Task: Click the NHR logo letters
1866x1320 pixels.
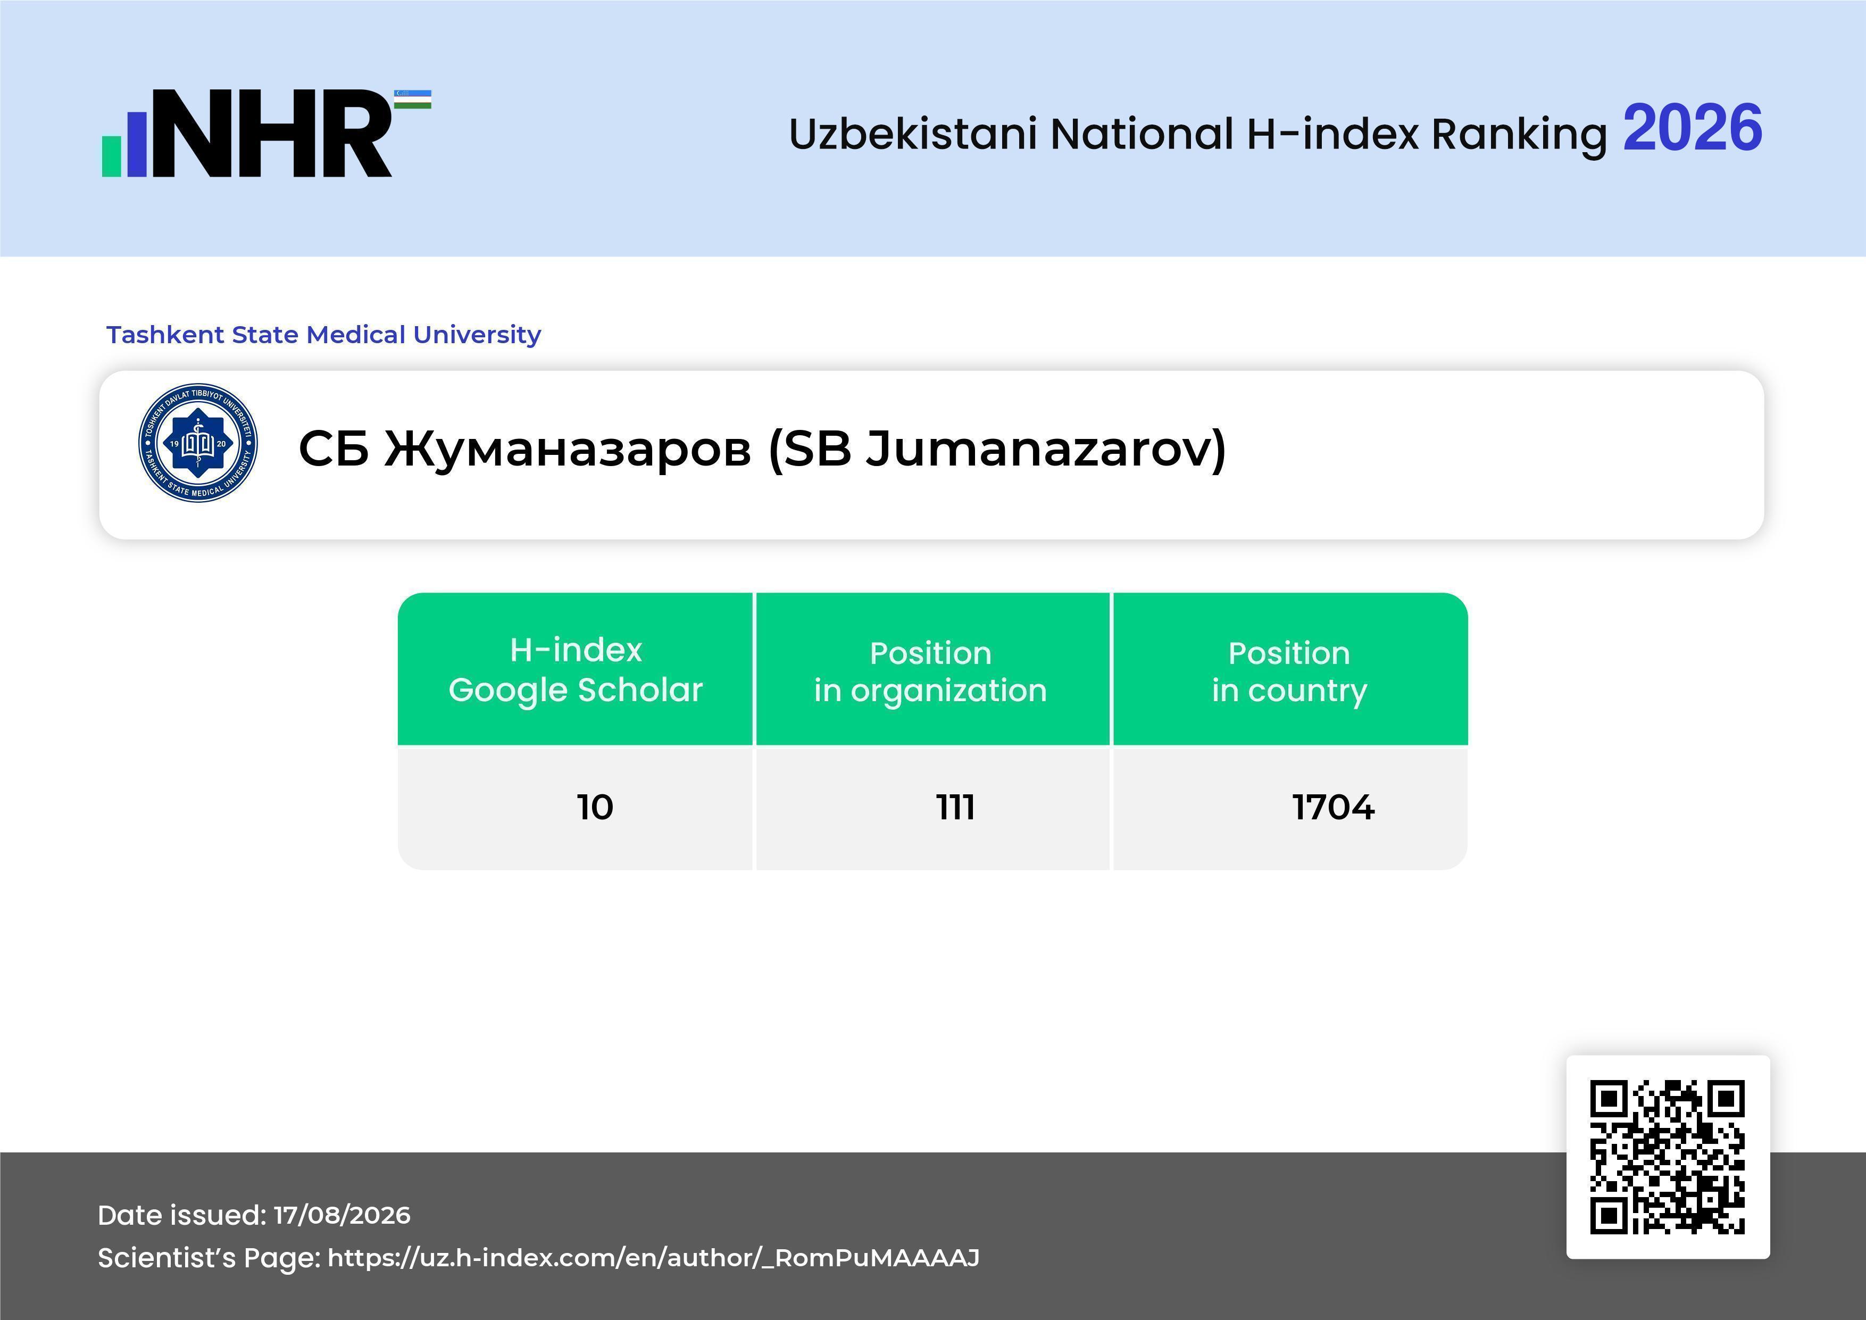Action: (272, 134)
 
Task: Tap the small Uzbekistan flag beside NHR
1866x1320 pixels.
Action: (413, 99)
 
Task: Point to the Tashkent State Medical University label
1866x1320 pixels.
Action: (323, 334)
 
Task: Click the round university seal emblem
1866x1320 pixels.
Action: (198, 443)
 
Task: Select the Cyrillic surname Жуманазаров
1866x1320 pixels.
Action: (567, 449)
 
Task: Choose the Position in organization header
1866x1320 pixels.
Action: (930, 671)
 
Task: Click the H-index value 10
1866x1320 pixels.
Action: (595, 807)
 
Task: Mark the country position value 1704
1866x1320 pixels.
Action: (1334, 807)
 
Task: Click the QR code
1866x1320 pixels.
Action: (1668, 1157)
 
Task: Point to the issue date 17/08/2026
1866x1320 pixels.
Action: (342, 1215)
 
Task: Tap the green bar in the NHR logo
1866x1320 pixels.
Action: (111, 156)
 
